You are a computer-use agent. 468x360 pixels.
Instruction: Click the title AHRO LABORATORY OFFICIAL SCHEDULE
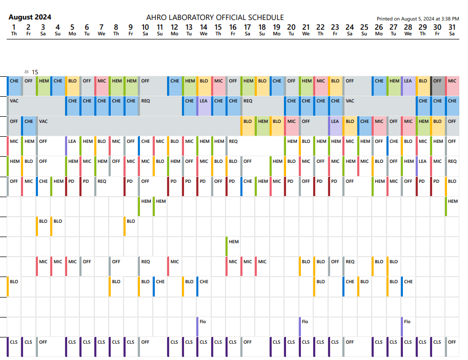click(215, 17)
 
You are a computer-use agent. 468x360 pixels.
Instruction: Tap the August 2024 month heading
click(30, 17)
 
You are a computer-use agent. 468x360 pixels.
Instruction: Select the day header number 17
click(248, 27)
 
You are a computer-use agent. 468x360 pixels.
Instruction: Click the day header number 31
click(452, 27)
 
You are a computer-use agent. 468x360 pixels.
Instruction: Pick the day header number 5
click(72, 27)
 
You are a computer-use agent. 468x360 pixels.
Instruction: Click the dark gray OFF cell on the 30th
click(437, 81)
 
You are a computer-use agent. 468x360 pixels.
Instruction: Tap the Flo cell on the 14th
click(203, 322)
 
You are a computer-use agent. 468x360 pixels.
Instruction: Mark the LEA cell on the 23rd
click(335, 121)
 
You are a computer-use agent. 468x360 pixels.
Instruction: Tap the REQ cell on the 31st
click(452, 161)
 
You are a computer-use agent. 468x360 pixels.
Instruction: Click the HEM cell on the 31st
click(452, 201)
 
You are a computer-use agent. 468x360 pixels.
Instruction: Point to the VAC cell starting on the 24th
click(350, 101)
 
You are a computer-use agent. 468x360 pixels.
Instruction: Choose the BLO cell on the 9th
click(131, 221)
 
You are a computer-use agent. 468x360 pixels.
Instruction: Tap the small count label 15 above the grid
click(35, 72)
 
